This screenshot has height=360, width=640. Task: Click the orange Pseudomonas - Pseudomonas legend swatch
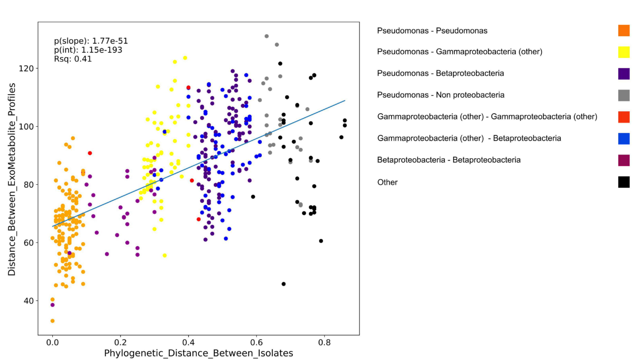click(x=623, y=31)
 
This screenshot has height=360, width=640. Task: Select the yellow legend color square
click(x=623, y=52)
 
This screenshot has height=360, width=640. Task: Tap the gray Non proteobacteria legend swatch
click(x=623, y=95)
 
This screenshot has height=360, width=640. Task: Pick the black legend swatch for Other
click(x=623, y=182)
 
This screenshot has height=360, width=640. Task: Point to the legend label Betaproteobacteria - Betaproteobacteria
click(x=449, y=160)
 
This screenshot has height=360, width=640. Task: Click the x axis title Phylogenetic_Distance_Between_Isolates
click(x=199, y=353)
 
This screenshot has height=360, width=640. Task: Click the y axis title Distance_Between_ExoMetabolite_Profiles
click(x=12, y=178)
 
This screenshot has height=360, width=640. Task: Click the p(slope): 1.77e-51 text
click(x=87, y=40)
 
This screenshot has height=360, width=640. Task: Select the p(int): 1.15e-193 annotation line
click(x=88, y=50)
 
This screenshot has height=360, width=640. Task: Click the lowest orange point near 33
click(x=52, y=321)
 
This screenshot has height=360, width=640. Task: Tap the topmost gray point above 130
click(x=266, y=36)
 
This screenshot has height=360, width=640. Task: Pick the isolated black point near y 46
click(x=284, y=284)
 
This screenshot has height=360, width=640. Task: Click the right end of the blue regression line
click(x=345, y=101)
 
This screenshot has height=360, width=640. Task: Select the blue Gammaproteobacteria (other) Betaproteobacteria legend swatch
click(x=623, y=138)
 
